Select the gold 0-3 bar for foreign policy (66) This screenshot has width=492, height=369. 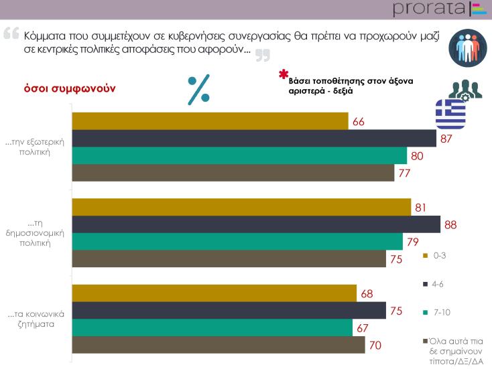click(x=209, y=121)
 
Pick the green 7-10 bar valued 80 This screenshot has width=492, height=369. click(x=239, y=155)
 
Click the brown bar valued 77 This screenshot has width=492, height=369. click(x=233, y=173)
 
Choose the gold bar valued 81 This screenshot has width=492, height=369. click(x=241, y=207)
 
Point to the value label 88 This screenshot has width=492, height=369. click(x=450, y=225)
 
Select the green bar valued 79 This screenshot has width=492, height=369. click(x=237, y=241)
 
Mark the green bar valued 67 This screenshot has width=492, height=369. click(x=211, y=327)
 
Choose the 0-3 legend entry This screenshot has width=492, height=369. click(x=436, y=255)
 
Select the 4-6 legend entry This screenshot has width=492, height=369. click(x=436, y=284)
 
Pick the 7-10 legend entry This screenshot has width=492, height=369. click(x=437, y=313)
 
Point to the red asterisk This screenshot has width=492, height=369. click(x=284, y=75)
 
